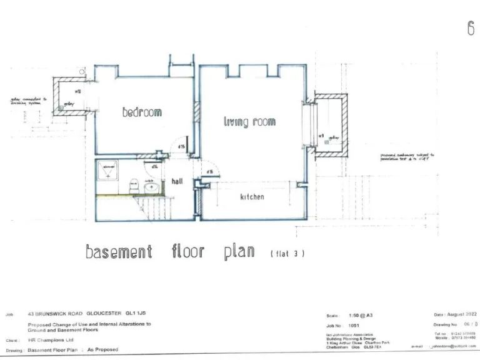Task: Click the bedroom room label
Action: tap(142, 112)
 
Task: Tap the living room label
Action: tap(249, 122)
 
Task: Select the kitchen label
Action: tap(252, 197)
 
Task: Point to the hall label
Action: tap(177, 181)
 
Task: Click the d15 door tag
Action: tap(181, 147)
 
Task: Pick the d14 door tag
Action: tap(153, 166)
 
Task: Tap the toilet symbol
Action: tap(133, 186)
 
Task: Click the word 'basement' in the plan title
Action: tap(119, 252)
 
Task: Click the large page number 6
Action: tap(470, 29)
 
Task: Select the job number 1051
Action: tap(353, 326)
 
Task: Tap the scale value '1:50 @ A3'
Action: tap(362, 315)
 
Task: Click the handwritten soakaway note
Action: tap(407, 157)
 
